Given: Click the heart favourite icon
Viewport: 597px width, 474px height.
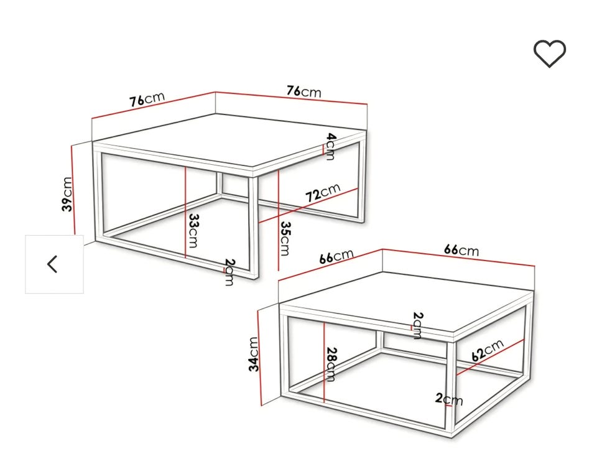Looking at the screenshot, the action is (549, 53).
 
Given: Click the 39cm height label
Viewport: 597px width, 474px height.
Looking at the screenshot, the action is (67, 194).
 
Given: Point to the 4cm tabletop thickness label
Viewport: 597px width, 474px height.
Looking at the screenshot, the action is (331, 146).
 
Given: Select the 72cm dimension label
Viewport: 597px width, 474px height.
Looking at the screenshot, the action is (323, 193).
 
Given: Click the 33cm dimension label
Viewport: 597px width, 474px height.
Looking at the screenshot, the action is (194, 231).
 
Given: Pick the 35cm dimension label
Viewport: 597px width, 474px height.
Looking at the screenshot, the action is (285, 238).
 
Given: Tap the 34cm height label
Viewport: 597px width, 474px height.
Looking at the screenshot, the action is (254, 354).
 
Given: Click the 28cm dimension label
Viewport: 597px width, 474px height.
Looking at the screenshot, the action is (331, 365).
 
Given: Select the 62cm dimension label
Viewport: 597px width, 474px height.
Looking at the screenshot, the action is (488, 350).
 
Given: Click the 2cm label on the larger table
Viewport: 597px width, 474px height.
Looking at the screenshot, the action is (230, 272).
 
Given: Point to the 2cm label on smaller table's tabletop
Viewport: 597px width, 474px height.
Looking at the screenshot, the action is (418, 325).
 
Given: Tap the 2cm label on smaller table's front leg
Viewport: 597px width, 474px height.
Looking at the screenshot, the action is (449, 399).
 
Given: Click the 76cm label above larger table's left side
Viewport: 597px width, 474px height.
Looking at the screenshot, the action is (147, 99).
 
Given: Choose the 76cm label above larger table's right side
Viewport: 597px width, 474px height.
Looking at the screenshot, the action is (304, 91).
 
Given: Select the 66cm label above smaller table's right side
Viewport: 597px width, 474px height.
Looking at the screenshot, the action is (461, 250).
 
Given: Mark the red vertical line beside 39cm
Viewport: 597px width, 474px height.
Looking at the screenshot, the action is (73, 190).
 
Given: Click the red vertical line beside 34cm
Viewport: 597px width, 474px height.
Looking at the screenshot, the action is (260, 357).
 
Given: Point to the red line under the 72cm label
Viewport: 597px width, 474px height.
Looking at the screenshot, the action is (308, 206).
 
